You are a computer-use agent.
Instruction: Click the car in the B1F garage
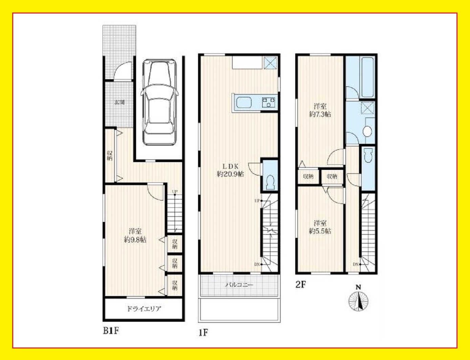coord(159,102)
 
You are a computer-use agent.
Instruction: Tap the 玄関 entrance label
coord(120,102)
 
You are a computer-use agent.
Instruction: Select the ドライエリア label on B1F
coord(144,309)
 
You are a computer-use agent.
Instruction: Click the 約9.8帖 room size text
coord(135,240)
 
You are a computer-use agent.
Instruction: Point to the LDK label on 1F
coord(231,166)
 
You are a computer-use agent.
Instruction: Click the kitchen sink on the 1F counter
coord(244,103)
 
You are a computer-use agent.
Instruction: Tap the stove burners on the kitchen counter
coord(269,103)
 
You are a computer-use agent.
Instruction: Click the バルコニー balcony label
coord(239,285)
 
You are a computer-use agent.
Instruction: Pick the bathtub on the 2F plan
coord(368,77)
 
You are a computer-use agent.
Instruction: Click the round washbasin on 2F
coord(367,131)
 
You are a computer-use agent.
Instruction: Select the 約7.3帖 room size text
coord(320,114)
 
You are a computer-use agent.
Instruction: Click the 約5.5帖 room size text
coord(320,231)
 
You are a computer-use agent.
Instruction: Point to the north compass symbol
coord(358,299)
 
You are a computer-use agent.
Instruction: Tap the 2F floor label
coord(301,285)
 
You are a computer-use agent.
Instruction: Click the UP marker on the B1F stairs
coord(174,192)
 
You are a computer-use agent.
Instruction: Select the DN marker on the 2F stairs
coord(356,264)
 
